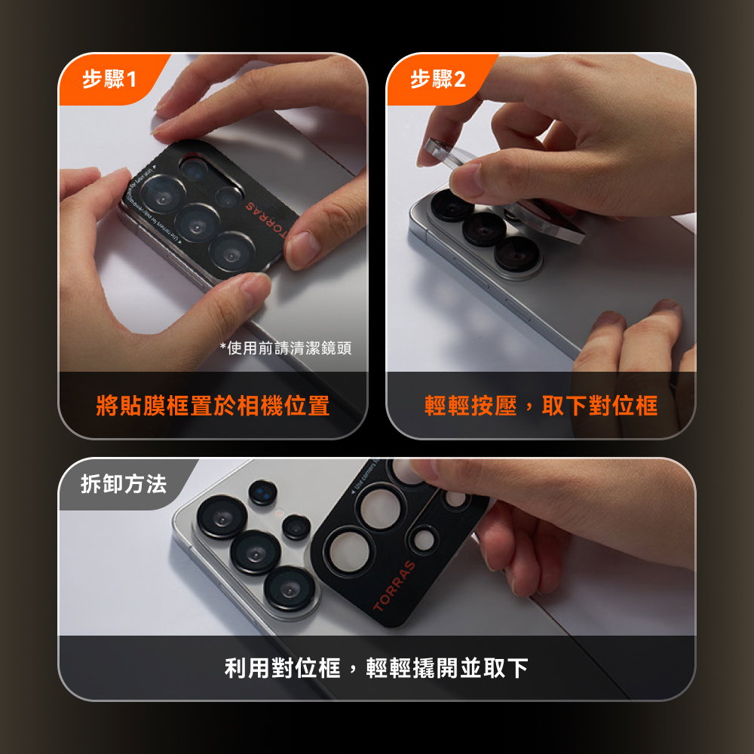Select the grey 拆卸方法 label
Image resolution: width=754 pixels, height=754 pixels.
coord(124,484)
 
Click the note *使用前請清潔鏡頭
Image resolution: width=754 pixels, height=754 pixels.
coord(285,348)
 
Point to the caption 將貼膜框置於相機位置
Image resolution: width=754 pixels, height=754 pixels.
coord(213,406)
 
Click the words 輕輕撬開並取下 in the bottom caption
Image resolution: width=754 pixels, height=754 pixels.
coord(446,667)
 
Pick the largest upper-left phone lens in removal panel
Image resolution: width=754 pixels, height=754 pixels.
coord(222,518)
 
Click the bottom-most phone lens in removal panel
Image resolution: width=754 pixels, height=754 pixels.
coord(291,587)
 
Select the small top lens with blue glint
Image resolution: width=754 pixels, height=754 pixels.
coord(263,492)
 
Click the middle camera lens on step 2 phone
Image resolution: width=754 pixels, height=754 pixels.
coord(483,228)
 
